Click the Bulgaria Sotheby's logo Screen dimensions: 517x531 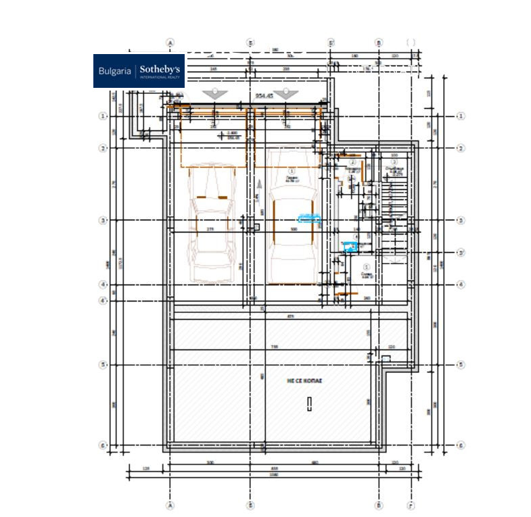(139, 71)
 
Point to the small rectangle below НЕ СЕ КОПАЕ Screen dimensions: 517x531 (308, 403)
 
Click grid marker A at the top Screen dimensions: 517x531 (170, 42)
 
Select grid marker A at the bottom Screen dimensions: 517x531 (170, 505)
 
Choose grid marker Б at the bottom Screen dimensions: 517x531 (251, 505)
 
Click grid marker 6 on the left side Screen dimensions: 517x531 (103, 445)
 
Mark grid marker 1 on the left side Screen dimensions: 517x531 (103, 116)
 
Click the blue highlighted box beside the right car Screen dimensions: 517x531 (309, 218)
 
